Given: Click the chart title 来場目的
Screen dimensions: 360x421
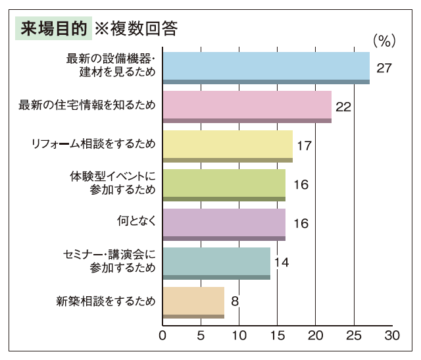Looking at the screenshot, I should [53, 29].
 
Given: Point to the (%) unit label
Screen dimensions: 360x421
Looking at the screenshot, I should [384, 41].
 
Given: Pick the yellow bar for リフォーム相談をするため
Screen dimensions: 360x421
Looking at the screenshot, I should [228, 145].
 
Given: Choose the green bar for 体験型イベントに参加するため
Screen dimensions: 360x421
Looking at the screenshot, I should [224, 185].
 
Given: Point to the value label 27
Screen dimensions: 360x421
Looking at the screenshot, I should [384, 68].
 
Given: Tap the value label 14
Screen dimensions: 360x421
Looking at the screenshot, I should [281, 263].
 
